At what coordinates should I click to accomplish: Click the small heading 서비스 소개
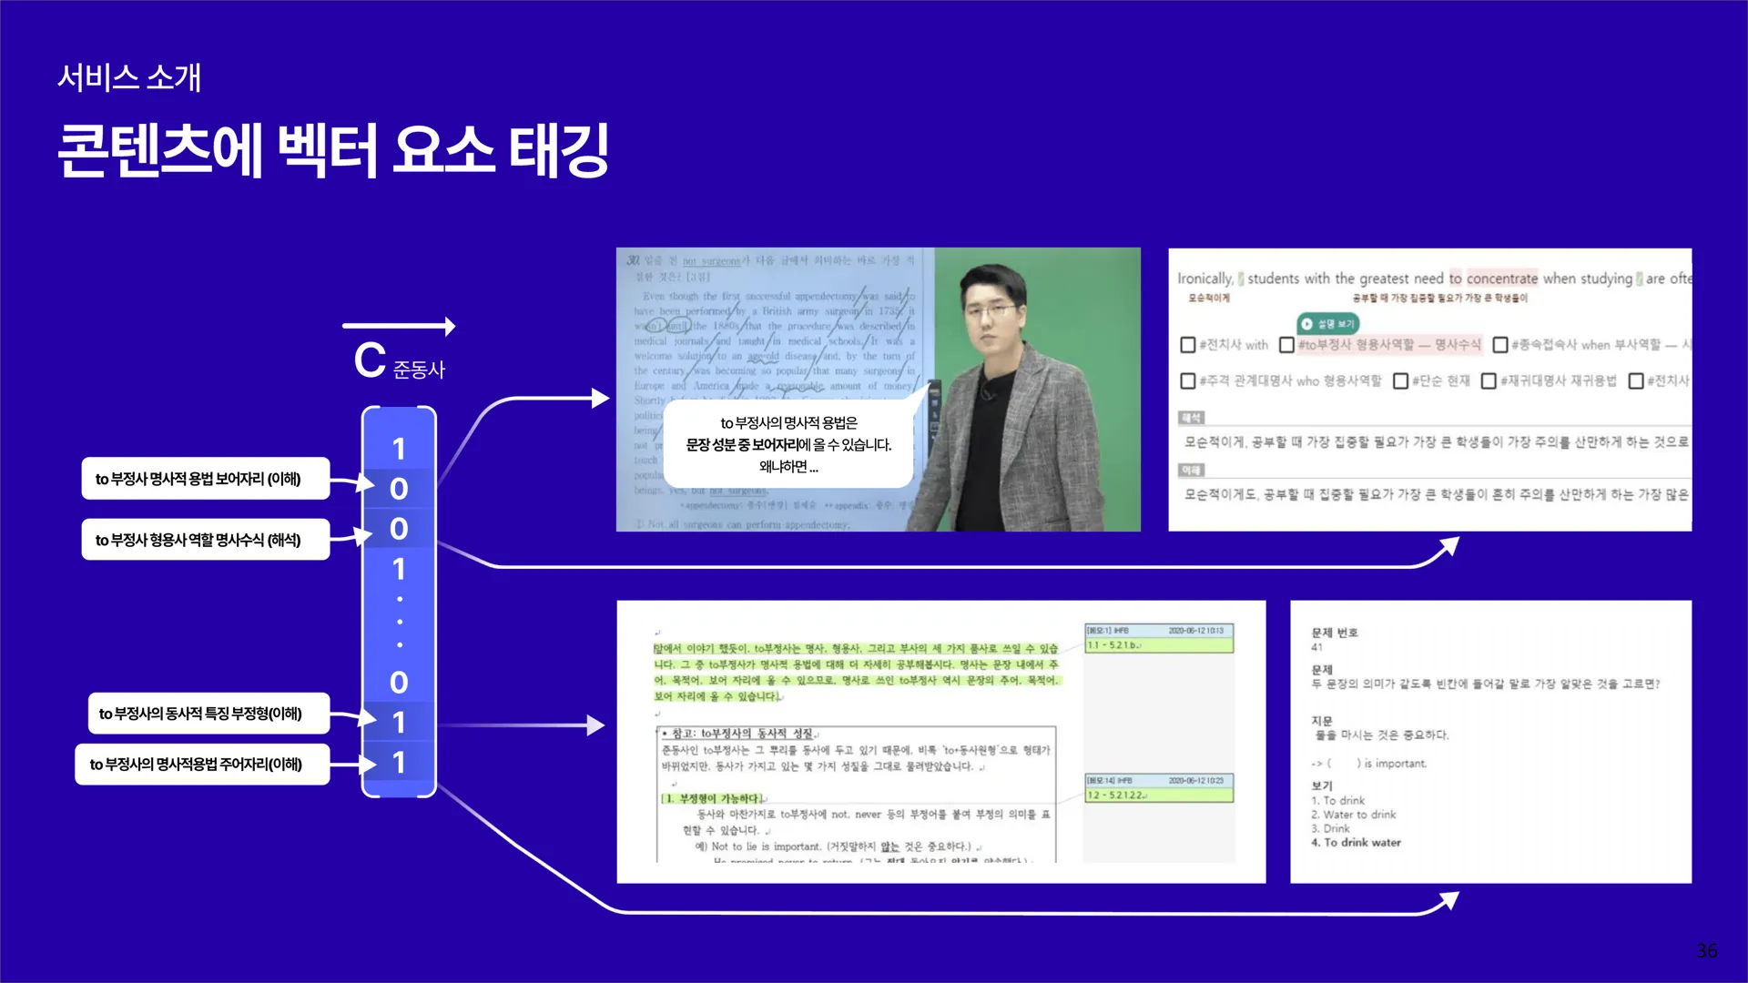[129, 78]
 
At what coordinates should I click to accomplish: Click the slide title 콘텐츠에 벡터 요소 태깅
[333, 150]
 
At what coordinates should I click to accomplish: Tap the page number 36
[1706, 950]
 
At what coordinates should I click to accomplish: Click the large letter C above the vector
[370, 360]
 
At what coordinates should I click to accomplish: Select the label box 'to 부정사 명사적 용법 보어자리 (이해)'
[205, 479]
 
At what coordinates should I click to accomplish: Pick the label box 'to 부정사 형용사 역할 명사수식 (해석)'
[205, 540]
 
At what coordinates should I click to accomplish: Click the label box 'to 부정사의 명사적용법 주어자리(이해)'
[202, 765]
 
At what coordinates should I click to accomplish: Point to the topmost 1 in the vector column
[399, 449]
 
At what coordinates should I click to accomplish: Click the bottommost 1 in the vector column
[399, 763]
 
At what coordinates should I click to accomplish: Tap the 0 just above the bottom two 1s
[399, 683]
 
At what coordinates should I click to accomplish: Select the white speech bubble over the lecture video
[788, 444]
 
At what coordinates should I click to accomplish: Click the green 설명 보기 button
[1327, 323]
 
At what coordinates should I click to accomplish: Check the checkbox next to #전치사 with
[1187, 345]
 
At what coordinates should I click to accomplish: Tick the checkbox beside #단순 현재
[1400, 380]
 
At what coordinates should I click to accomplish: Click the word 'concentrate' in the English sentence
[1501, 279]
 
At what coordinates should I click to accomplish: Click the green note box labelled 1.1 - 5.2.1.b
[1158, 645]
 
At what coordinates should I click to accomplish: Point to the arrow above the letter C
[399, 326]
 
